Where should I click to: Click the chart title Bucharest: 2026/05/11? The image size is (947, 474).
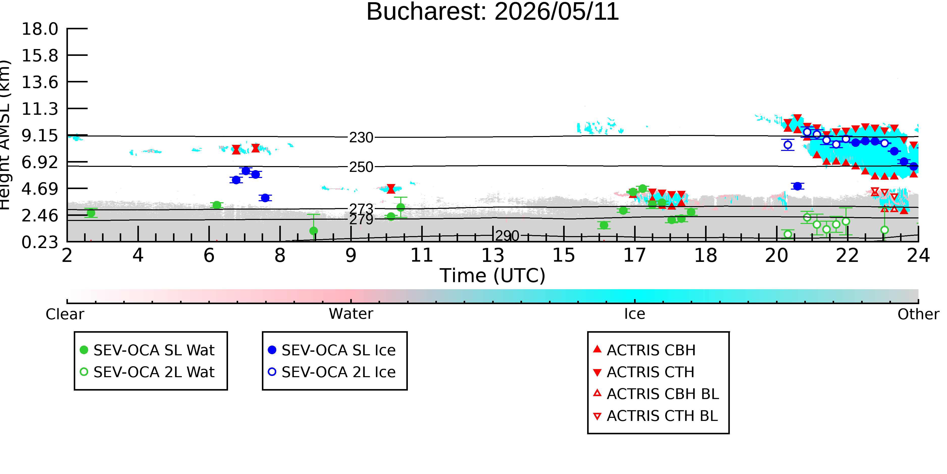[493, 12]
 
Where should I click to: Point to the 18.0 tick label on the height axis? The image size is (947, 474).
[40, 29]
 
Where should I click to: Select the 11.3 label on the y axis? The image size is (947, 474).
[40, 109]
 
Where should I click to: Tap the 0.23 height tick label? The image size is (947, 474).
[40, 242]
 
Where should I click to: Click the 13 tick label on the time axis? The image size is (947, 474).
[493, 255]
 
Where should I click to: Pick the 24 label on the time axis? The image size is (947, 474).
[918, 255]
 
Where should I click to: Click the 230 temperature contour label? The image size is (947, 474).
[361, 138]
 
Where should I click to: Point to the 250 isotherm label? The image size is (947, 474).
[361, 167]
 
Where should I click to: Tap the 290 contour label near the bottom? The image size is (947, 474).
[507, 236]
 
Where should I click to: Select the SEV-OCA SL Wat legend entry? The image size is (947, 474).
[147, 350]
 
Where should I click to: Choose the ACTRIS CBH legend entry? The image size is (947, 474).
[644, 350]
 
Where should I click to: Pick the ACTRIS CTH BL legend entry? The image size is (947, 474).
[656, 416]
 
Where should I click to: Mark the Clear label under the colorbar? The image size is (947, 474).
[65, 314]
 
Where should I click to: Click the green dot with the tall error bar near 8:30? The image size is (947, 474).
[314, 231]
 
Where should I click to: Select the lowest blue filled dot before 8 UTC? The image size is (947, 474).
[265, 198]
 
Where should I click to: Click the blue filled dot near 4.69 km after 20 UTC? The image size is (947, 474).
[798, 186]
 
